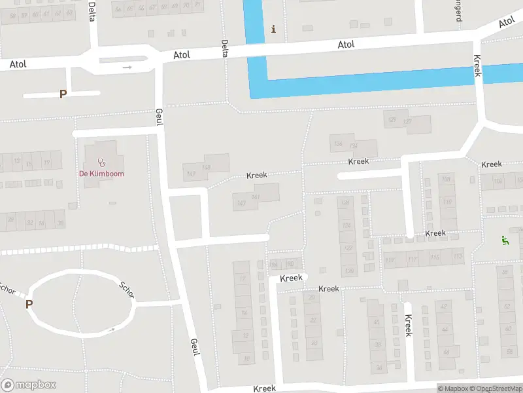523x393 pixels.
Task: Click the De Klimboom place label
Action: coord(101,174)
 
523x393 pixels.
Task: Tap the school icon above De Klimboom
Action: coord(101,162)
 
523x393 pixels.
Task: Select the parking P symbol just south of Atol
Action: coord(63,94)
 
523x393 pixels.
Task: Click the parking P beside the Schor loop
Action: coord(29,304)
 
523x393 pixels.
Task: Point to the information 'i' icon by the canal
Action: coord(273,29)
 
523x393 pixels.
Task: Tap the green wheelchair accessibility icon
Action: coord(504,240)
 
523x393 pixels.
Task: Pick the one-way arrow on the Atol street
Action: coord(127,67)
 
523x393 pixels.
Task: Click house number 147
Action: coord(191,174)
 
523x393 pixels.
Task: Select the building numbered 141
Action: coord(256,197)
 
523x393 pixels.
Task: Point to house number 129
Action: coord(392,120)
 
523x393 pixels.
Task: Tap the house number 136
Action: coord(338,144)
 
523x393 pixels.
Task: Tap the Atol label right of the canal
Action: coord(346,45)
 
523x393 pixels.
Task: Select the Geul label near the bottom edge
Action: coord(194,347)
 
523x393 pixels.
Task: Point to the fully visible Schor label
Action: coord(127,289)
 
